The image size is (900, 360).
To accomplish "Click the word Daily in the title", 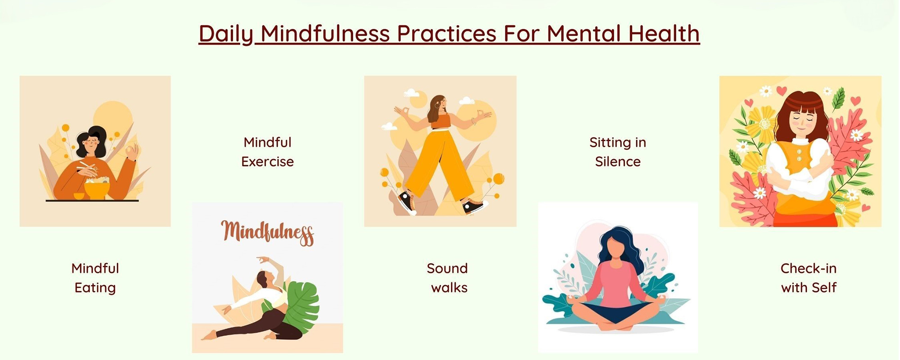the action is pos(226,34).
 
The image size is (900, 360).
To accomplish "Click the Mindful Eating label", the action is pos(95,278).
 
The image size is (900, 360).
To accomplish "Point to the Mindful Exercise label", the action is pos(267,152).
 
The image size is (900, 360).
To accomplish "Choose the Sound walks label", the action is pos(447,278).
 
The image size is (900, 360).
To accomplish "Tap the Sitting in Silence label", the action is pos(618,152).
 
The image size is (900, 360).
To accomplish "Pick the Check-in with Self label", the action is pos(809,278).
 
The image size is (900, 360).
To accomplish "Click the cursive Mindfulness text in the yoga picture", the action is pos(267,233).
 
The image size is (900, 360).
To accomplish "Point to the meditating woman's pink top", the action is pos(615,281).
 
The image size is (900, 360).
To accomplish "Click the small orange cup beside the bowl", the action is pos(79,196).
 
